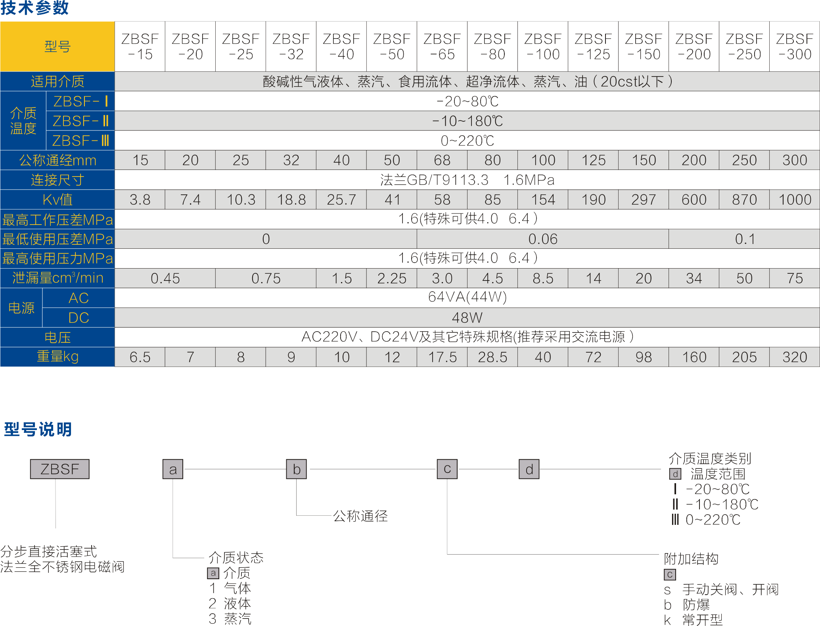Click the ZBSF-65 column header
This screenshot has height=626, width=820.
pos(442,46)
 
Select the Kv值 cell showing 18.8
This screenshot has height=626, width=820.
pos(291,200)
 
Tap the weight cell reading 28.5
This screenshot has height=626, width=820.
pos(492,357)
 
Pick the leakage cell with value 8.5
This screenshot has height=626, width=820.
pos(543,278)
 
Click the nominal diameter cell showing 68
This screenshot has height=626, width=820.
pos(442,160)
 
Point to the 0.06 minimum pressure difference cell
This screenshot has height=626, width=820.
pos(543,239)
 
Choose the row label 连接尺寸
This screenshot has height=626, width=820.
pos(57,180)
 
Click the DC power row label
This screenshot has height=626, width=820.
pos(79,318)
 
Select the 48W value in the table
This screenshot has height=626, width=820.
pos(467,318)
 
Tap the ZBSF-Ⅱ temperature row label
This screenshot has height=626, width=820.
pos(80,121)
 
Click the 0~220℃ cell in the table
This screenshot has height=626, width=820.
pos(467,141)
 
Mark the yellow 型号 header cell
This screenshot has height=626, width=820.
pos(57,46)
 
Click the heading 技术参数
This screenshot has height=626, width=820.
pos(35,8)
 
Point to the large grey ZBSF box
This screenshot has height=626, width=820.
pos(60,469)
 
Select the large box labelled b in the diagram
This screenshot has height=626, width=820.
pos(297,469)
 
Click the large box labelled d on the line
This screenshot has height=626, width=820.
pos(529,469)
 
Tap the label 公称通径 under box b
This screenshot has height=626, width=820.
pos(360,516)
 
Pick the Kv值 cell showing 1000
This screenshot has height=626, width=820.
pos(795,200)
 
